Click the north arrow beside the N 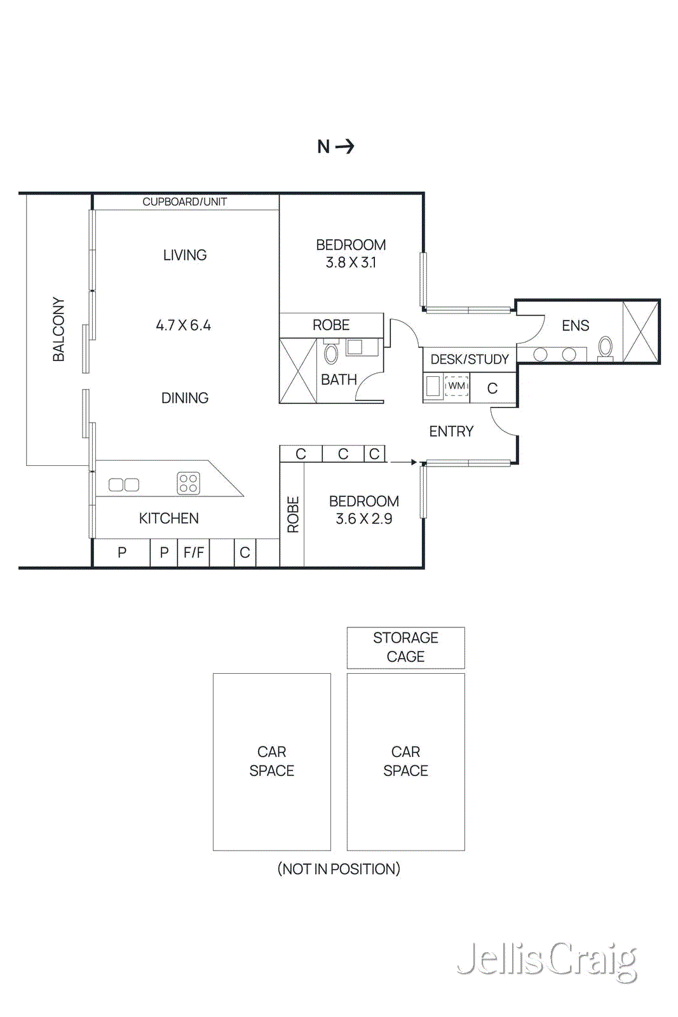click(x=345, y=147)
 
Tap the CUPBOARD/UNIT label click(x=184, y=202)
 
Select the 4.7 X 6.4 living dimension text click(x=184, y=325)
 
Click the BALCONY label click(x=58, y=329)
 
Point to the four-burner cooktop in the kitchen click(x=188, y=483)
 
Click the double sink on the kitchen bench click(x=124, y=485)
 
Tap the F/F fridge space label click(x=194, y=552)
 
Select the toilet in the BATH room click(x=331, y=353)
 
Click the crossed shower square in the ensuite click(x=640, y=332)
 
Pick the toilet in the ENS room click(x=606, y=348)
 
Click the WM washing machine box click(x=457, y=386)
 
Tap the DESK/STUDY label click(x=470, y=359)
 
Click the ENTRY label click(x=451, y=432)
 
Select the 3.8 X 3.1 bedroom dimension click(x=351, y=263)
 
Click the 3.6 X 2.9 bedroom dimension click(x=363, y=519)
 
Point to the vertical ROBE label click(x=293, y=514)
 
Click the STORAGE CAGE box click(x=405, y=647)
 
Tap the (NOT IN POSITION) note click(x=339, y=869)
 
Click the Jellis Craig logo click(x=547, y=960)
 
